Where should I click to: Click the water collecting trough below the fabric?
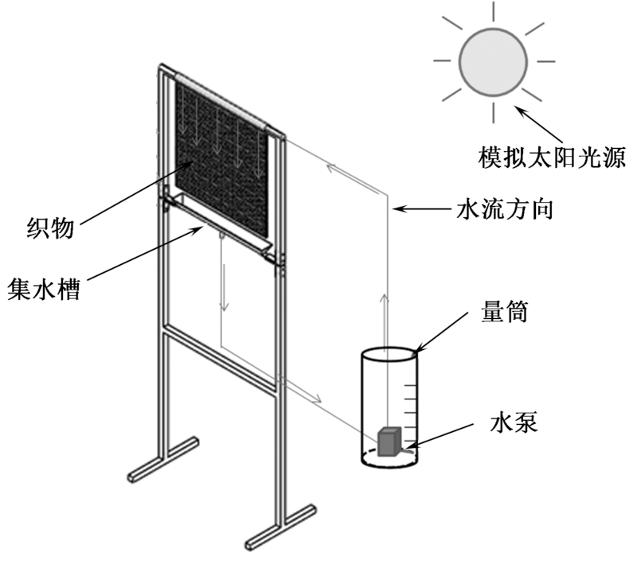point(218,218)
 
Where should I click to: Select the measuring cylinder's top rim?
point(388,352)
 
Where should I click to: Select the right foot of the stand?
point(279,530)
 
